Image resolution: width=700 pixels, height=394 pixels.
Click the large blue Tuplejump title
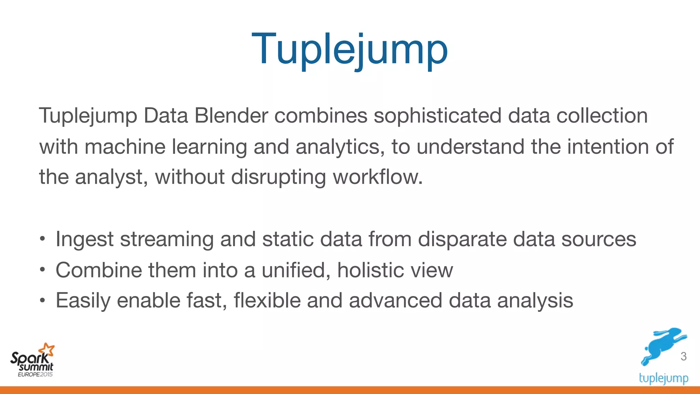(349, 50)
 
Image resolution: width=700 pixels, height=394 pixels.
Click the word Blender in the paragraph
(231, 116)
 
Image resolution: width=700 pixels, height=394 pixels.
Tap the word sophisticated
(437, 116)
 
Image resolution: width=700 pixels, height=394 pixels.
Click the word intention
(608, 147)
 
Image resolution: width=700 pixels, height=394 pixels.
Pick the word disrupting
(279, 177)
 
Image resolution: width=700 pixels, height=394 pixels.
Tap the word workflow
(377, 177)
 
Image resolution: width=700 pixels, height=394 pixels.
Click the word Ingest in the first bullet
(84, 239)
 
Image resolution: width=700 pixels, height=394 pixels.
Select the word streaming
(167, 239)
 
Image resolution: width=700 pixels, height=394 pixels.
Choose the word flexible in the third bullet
(267, 301)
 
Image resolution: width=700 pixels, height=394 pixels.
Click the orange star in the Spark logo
(47, 350)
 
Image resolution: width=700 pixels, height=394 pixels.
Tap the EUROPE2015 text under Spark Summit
(35, 375)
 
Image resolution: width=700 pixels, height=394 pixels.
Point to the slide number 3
(683, 356)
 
